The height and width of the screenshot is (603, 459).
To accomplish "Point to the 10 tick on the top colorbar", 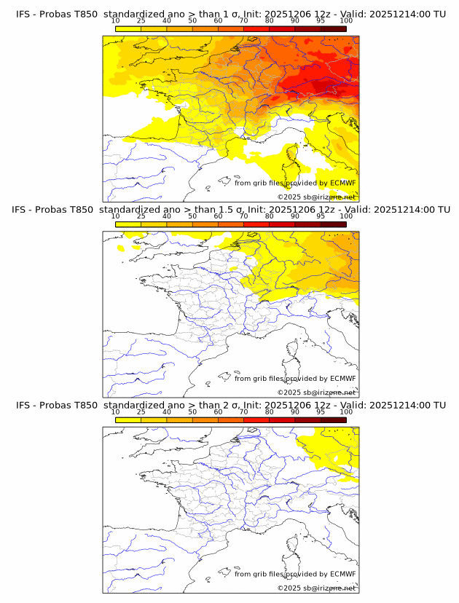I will pos(116,21).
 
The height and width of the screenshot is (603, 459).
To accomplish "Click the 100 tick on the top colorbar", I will pos(346,21).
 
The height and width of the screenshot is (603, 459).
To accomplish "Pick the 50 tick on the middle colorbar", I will pos(192,216).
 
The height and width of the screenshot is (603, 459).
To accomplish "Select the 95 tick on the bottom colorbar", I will pos(321,411).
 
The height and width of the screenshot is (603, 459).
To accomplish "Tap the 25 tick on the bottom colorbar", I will pos(141,411).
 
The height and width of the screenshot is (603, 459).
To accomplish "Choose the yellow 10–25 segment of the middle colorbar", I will pos(128,224).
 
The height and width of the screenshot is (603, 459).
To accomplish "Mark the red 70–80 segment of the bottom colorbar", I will pos(256,419).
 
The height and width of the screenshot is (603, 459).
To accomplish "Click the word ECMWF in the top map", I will pos(342,183).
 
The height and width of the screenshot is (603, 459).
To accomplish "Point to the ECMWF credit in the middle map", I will pos(342,378).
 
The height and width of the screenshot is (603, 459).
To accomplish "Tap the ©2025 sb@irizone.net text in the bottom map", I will pos(316,588).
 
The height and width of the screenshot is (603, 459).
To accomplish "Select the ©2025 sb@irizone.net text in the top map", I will pos(316,197).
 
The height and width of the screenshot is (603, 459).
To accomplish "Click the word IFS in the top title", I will pos(23,15).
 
